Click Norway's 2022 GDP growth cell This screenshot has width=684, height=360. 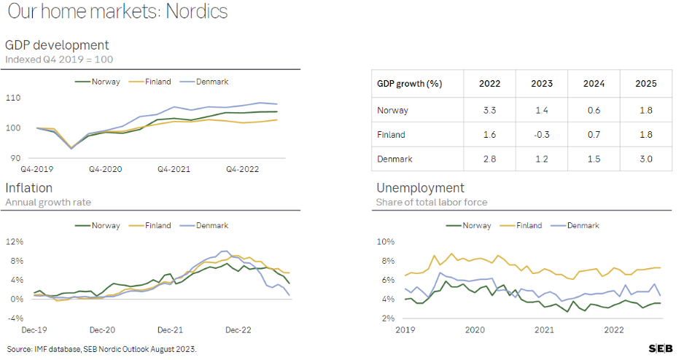(489, 110)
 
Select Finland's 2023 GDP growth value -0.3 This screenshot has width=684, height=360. (541, 135)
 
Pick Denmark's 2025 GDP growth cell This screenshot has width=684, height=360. (646, 159)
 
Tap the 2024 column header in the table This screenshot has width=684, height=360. (594, 84)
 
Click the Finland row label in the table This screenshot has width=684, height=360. (391, 135)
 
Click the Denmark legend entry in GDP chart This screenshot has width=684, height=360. (204, 82)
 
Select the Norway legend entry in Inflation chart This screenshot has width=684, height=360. (97, 225)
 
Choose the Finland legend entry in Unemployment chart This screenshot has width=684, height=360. (521, 225)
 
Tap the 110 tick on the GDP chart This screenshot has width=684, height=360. (13, 98)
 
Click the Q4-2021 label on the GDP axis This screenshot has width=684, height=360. (174, 169)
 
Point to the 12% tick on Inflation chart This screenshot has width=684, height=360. (15, 241)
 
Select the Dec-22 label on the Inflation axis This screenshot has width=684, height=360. (238, 330)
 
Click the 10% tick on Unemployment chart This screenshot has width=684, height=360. (386, 241)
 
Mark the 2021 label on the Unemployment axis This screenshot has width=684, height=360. (545, 330)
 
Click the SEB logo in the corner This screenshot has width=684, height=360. (661, 348)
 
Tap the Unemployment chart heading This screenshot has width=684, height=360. (420, 188)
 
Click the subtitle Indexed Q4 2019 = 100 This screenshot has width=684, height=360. (59, 60)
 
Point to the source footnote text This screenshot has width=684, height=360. (101, 349)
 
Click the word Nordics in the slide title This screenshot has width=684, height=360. (197, 12)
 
